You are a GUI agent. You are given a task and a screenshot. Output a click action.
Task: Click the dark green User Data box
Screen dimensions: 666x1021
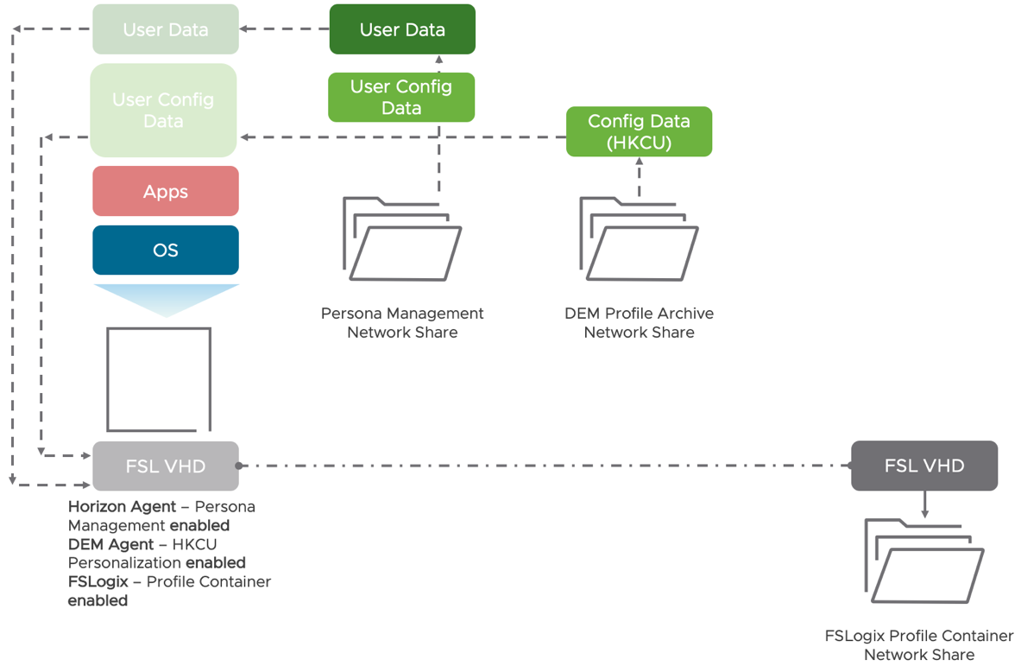click(x=402, y=29)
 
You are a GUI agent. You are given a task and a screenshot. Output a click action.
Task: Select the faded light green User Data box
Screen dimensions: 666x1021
click(x=166, y=29)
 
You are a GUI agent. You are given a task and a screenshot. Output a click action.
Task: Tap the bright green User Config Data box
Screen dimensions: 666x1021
click(x=401, y=97)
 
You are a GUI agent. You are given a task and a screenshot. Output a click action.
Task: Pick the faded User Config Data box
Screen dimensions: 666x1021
click(x=163, y=110)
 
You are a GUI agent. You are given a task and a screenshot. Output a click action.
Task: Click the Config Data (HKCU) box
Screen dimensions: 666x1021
click(x=639, y=131)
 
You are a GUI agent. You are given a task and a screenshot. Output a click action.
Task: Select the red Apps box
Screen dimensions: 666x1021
click(x=166, y=191)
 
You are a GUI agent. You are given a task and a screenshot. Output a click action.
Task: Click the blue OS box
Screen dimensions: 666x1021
click(x=166, y=251)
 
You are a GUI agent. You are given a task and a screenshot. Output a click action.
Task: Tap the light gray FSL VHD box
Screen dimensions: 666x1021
click(x=166, y=466)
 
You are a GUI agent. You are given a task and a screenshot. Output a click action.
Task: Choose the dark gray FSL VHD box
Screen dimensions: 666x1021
click(x=924, y=466)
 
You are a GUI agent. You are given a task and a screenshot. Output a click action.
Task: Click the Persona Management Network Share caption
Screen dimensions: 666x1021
click(x=402, y=322)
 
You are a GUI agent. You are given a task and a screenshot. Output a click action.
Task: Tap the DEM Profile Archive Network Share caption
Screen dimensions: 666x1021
click(x=639, y=322)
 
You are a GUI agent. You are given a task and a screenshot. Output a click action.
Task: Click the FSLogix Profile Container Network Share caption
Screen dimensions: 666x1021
click(x=919, y=645)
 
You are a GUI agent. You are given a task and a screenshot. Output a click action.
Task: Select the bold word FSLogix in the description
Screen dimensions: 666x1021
click(x=98, y=581)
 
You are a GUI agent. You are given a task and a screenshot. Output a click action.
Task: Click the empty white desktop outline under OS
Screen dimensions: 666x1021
click(x=159, y=379)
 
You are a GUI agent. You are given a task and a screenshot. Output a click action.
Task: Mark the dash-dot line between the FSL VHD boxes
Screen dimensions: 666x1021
click(x=544, y=466)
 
